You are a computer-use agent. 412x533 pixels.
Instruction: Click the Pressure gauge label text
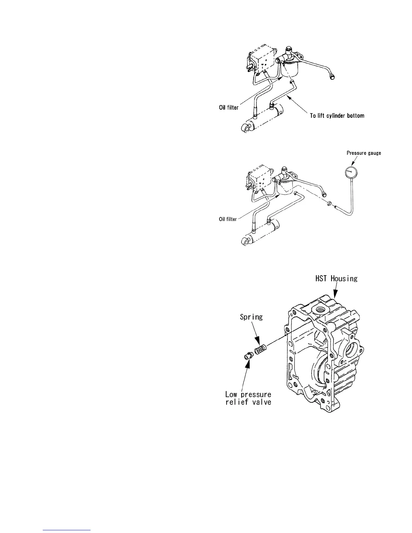pos(364,153)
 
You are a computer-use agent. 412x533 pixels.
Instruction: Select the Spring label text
pos(251,317)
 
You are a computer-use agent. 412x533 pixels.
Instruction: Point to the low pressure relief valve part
pos(247,356)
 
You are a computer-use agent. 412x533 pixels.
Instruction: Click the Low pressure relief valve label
pos(248,398)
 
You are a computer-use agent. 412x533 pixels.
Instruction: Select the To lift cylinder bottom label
pos(337,115)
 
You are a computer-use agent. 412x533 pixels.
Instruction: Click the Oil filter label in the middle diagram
pos(228,219)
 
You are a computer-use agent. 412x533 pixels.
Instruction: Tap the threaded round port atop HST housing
pos(318,309)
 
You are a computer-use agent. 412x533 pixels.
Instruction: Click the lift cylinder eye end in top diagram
pos(246,128)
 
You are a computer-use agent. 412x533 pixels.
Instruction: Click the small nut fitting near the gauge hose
pos(330,203)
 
